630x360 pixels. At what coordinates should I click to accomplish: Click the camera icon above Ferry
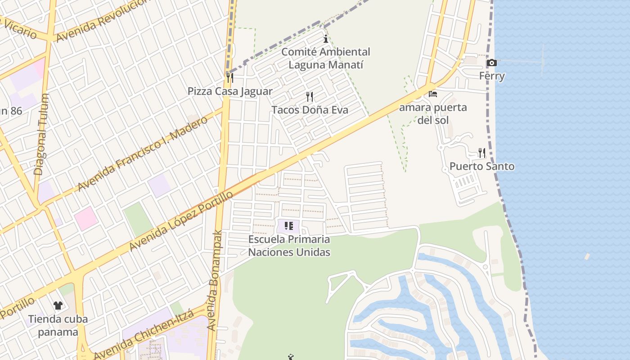pyautogui.click(x=491, y=63)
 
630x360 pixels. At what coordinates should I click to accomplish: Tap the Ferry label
pyautogui.click(x=492, y=76)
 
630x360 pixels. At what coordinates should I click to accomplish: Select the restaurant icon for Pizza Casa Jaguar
pyautogui.click(x=229, y=78)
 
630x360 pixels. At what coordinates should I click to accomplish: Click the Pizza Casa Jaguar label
pyautogui.click(x=230, y=91)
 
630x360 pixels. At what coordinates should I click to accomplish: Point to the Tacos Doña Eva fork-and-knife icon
pyautogui.click(x=310, y=96)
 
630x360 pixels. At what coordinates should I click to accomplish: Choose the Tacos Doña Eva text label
pyautogui.click(x=310, y=110)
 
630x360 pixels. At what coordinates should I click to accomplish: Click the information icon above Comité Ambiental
pyautogui.click(x=326, y=39)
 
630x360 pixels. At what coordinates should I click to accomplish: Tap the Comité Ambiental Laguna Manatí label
pyautogui.click(x=326, y=58)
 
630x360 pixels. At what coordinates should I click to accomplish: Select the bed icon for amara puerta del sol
pyautogui.click(x=433, y=94)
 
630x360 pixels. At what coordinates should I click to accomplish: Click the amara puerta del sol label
pyautogui.click(x=433, y=114)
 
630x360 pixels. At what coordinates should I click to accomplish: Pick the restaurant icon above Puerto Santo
pyautogui.click(x=482, y=153)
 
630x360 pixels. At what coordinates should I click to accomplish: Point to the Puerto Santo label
pyautogui.click(x=482, y=166)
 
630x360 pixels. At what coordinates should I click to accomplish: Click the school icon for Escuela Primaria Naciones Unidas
pyautogui.click(x=289, y=226)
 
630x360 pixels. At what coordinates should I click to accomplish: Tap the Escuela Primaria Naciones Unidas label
pyautogui.click(x=289, y=246)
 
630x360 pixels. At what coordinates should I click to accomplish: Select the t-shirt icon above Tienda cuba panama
pyautogui.click(x=58, y=306)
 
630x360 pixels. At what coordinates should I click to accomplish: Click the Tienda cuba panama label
pyautogui.click(x=58, y=326)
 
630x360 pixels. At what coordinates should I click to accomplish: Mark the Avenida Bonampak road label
pyautogui.click(x=216, y=281)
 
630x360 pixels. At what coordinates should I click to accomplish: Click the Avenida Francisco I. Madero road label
pyautogui.click(x=143, y=153)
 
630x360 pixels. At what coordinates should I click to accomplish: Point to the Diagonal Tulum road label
pyautogui.click(x=41, y=135)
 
